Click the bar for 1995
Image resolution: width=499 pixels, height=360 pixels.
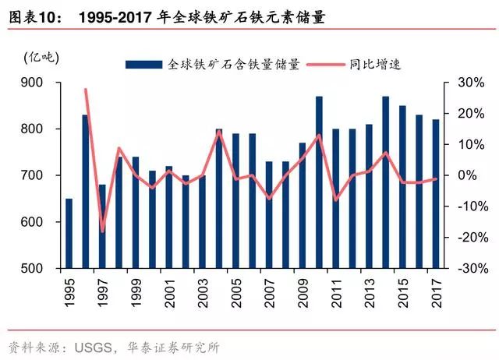pyautogui.click(x=69, y=234)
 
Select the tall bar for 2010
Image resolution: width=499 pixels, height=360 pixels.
pyautogui.click(x=320, y=182)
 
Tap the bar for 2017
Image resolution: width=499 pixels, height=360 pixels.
pyautogui.click(x=436, y=194)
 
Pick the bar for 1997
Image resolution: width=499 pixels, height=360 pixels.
pyautogui.click(x=102, y=227)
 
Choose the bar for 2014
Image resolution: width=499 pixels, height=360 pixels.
pyautogui.click(x=386, y=182)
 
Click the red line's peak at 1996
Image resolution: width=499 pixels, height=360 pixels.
pyautogui.click(x=85, y=90)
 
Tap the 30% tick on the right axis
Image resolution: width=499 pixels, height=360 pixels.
pyautogui.click(x=465, y=83)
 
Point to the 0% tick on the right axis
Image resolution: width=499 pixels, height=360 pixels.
pyautogui.click(x=466, y=176)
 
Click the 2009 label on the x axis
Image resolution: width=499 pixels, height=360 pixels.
pyautogui.click(x=303, y=292)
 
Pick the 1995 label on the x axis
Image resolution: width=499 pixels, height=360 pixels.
pyautogui.click(x=69, y=292)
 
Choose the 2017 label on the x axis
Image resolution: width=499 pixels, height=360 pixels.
pyautogui.click(x=436, y=292)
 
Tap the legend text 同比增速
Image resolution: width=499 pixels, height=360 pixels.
pyautogui.click(x=375, y=65)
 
